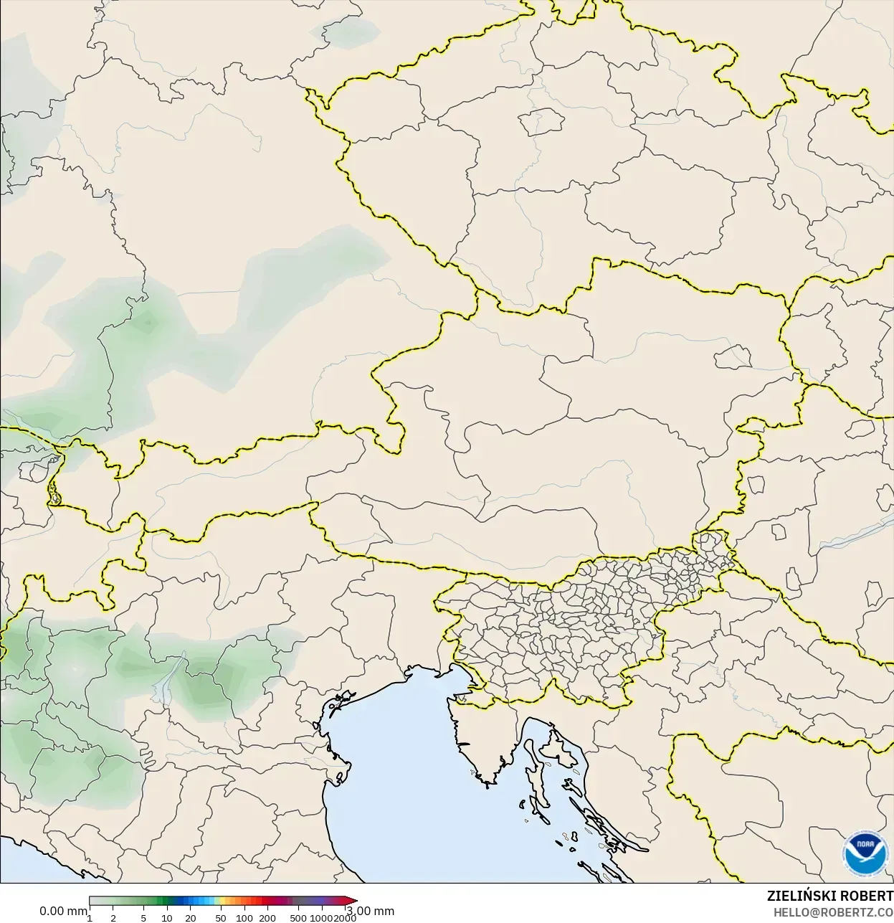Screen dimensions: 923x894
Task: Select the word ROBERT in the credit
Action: [x=867, y=896]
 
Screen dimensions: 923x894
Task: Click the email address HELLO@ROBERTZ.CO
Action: [x=832, y=912]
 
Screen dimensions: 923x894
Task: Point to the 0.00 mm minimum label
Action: [x=63, y=911]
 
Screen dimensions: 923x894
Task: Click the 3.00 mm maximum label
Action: [x=371, y=911]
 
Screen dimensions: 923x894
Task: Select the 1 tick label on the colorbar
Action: [x=90, y=918]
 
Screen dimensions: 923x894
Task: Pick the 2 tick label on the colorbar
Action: [x=113, y=918]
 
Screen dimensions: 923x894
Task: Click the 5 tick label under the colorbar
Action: [x=143, y=918]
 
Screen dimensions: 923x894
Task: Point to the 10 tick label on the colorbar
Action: [x=167, y=918]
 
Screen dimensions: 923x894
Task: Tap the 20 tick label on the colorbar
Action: [x=191, y=918]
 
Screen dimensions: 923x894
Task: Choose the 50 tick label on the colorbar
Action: [x=221, y=918]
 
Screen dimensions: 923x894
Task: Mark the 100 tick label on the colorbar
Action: [x=244, y=918]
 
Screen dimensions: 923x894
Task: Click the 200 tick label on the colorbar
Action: [x=267, y=918]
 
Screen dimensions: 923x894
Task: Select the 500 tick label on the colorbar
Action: [x=298, y=918]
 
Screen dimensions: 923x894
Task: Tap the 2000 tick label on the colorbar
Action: [x=345, y=918]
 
